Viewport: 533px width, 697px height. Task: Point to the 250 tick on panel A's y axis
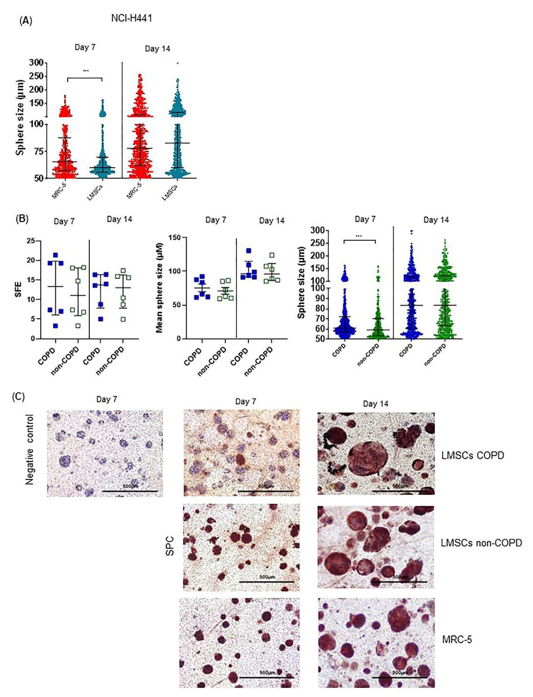click(37, 76)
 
